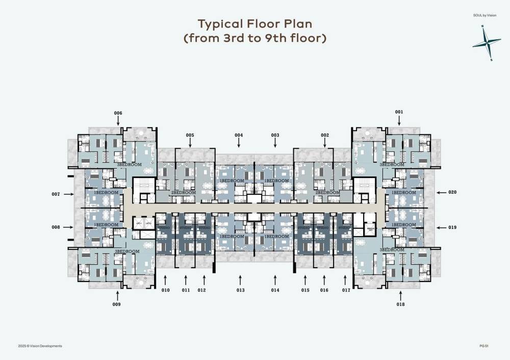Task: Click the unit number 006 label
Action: pyautogui.click(x=118, y=113)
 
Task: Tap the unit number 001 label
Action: pyautogui.click(x=399, y=112)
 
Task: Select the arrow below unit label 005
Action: pyautogui.click(x=190, y=143)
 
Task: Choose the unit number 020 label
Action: pyautogui.click(x=452, y=192)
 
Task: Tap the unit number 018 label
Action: pyautogui.click(x=400, y=304)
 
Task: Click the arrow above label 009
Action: pyautogui.click(x=117, y=295)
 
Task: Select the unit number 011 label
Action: pyautogui.click(x=186, y=290)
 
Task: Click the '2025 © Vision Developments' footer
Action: pyautogui.click(x=40, y=346)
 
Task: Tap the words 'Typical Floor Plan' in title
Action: pyautogui.click(x=254, y=24)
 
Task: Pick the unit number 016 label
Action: pyautogui.click(x=324, y=290)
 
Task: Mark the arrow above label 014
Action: pyautogui.click(x=275, y=279)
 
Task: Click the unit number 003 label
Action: pyautogui.click(x=275, y=135)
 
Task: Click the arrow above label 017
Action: pyautogui.click(x=345, y=279)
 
